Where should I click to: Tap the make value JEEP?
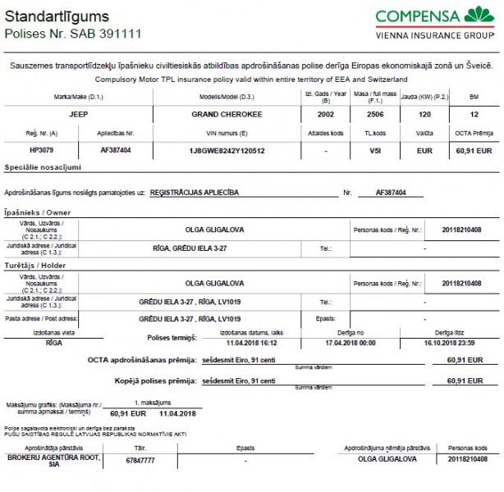click(78, 114)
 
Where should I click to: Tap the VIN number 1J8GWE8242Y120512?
click(227, 151)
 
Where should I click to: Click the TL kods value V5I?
click(375, 151)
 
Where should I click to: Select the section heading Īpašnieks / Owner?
click(38, 212)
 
